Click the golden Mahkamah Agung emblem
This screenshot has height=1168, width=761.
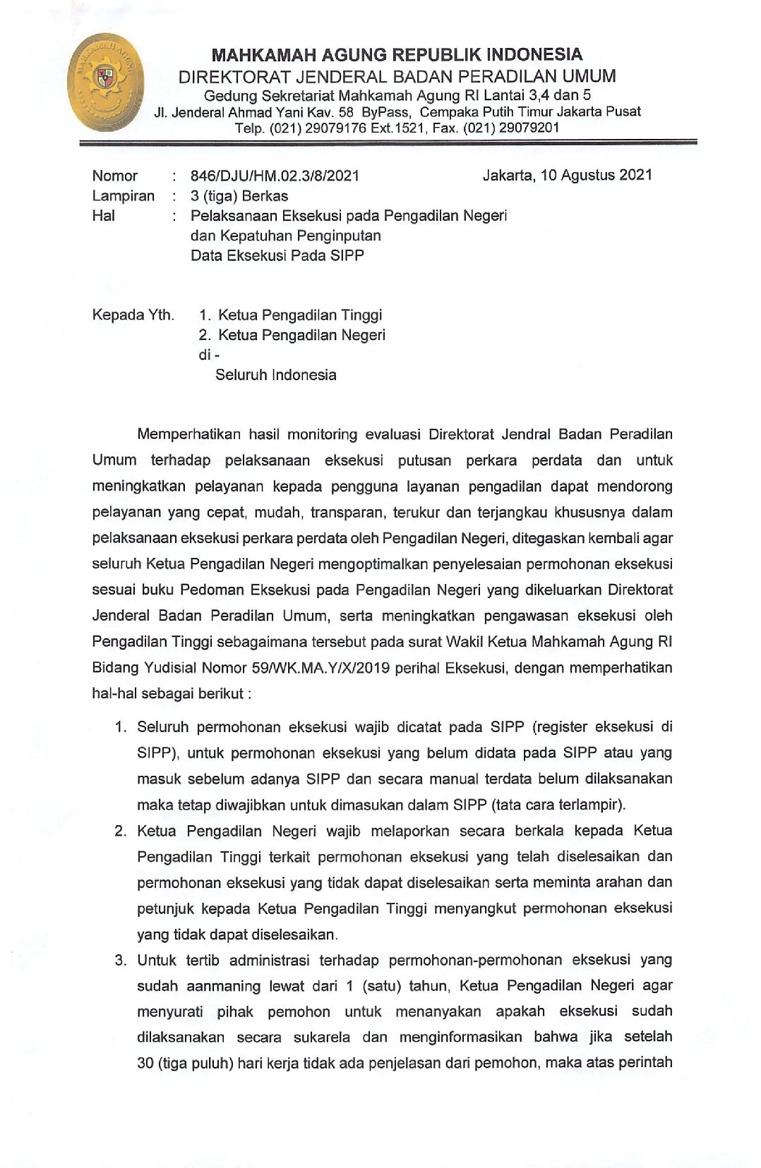[105, 83]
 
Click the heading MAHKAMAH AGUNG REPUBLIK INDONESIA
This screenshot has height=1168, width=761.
[397, 55]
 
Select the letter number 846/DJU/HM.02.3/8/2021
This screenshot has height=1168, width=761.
[275, 176]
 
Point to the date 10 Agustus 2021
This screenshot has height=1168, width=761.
[596, 175]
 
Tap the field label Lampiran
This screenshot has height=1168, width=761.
[123, 195]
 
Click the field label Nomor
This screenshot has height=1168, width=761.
[114, 176]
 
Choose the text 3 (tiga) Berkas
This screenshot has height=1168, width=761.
[239, 195]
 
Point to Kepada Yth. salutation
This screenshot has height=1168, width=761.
[133, 315]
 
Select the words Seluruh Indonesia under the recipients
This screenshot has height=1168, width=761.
[275, 375]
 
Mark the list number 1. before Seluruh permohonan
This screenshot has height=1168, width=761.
[121, 726]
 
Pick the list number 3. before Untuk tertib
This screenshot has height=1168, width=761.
[121, 960]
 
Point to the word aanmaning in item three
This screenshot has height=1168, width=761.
[224, 986]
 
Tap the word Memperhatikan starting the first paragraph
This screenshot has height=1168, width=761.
[188, 434]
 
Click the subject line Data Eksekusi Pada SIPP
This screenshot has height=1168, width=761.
[277, 255]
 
